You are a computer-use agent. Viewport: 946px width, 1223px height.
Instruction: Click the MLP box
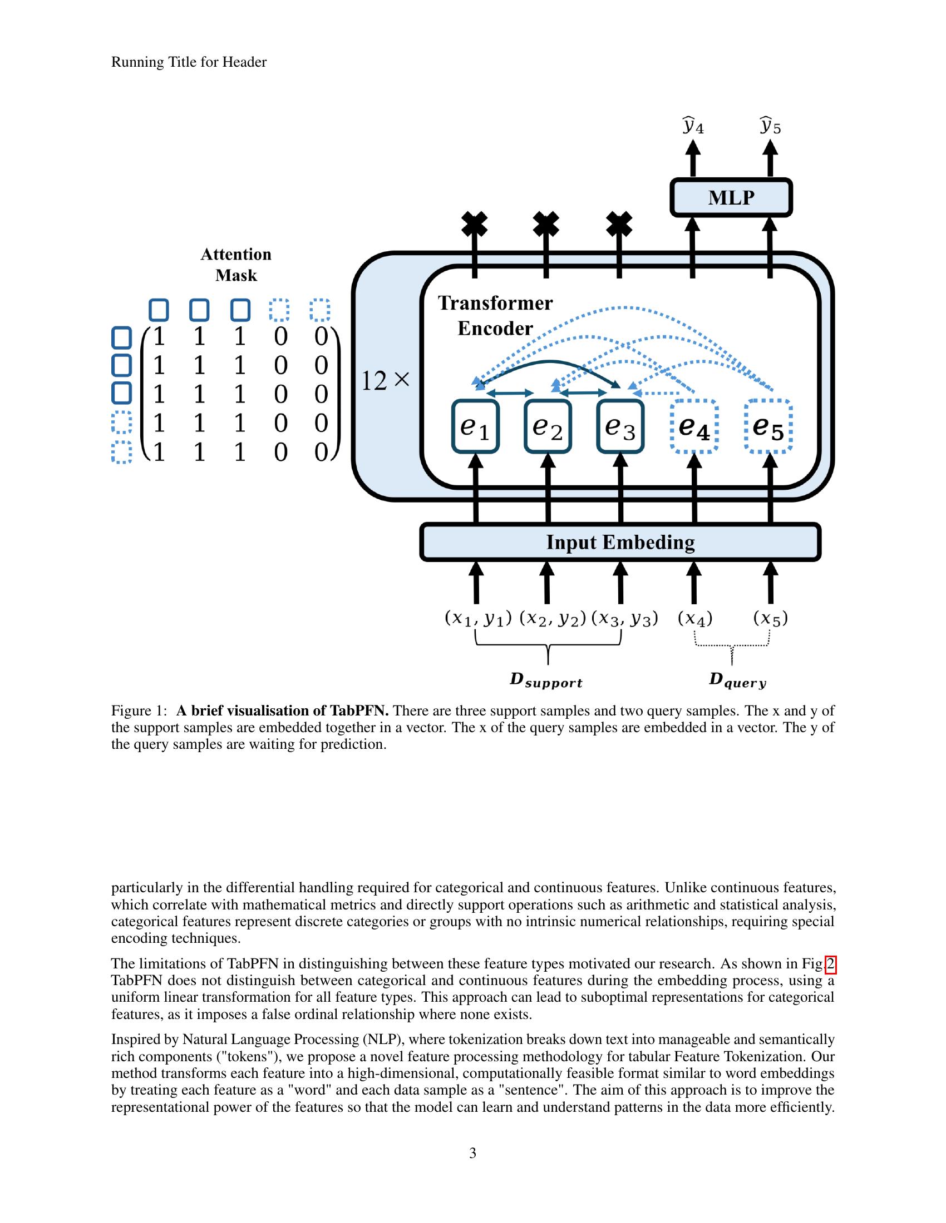click(731, 198)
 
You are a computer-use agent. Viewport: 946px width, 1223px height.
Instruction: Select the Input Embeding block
click(620, 542)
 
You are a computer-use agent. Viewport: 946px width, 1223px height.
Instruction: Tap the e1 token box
click(475, 426)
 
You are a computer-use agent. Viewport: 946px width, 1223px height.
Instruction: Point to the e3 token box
click(620, 426)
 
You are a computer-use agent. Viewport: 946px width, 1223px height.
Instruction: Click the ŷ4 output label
click(693, 126)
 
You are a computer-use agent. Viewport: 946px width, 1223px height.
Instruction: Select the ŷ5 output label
click(770, 126)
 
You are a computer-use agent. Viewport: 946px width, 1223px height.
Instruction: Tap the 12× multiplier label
click(386, 381)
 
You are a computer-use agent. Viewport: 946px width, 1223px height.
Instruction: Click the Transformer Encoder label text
click(495, 315)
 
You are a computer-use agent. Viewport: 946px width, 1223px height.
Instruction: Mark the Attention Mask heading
click(236, 265)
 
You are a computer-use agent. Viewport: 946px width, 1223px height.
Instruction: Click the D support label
click(546, 681)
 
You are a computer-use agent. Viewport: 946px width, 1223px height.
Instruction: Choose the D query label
click(737, 681)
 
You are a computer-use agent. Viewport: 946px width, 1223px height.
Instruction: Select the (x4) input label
click(695, 619)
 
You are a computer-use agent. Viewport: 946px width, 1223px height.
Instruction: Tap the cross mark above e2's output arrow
click(546, 225)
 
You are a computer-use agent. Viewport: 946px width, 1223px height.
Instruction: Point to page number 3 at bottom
click(472, 1152)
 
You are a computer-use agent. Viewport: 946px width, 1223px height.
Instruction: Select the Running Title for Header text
click(189, 62)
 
